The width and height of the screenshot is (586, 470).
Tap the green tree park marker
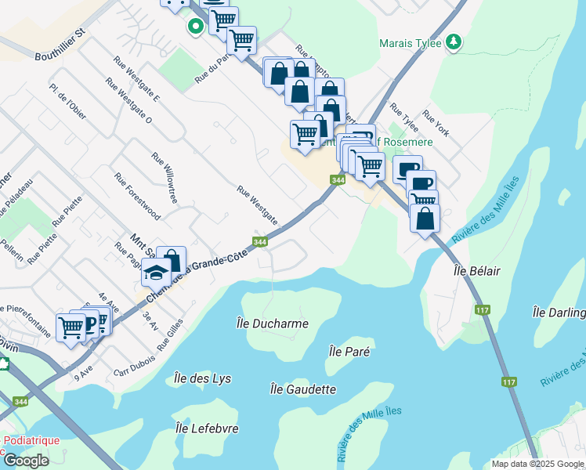coord(453,42)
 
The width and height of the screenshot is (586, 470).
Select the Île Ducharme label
coord(272,323)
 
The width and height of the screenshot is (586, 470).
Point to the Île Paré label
coord(349,352)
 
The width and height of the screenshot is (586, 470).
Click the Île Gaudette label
coord(302,389)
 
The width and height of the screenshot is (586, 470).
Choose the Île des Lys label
coord(199,378)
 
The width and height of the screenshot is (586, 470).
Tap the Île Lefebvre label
coord(207,428)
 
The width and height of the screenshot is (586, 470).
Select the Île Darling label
coord(559,313)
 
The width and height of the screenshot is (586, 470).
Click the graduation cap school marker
coord(155,272)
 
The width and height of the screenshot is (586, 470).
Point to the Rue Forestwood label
coord(137,196)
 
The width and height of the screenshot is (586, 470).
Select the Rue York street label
coord(436,124)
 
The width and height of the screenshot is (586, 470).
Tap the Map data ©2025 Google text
coord(537,464)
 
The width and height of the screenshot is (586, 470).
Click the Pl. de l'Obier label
coord(67,101)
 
